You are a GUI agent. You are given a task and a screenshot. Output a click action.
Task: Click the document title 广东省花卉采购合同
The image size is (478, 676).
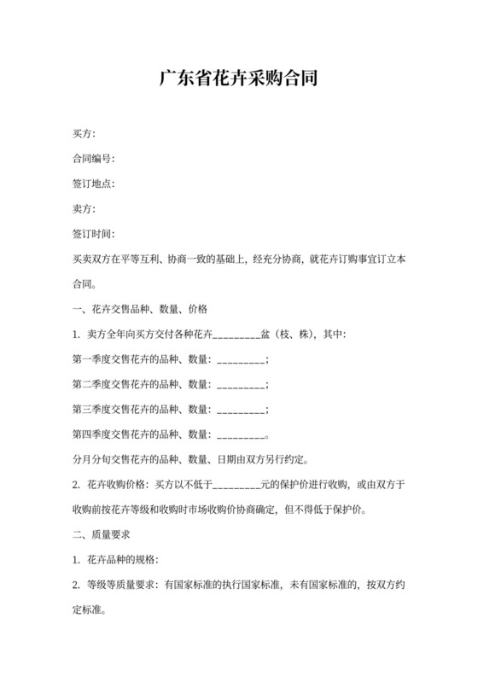(239, 80)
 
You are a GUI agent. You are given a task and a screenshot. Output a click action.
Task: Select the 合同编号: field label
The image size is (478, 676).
(93, 159)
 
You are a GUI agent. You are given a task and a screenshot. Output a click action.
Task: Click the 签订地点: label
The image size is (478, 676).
(93, 184)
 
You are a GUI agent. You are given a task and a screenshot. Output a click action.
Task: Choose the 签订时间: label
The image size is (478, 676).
(93, 233)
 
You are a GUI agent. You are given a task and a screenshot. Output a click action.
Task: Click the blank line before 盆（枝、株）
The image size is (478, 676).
(235, 335)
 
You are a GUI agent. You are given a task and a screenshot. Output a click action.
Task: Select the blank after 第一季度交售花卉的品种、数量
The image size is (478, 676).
(242, 359)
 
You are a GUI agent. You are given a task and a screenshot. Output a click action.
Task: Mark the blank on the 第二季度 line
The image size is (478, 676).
(242, 384)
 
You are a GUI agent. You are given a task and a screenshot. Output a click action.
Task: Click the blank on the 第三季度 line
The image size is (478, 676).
(242, 409)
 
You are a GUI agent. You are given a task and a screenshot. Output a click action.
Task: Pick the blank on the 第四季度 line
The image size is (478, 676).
(242, 434)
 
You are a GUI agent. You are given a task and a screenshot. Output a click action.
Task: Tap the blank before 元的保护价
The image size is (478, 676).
(236, 485)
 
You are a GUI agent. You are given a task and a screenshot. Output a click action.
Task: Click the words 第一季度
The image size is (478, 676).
(93, 358)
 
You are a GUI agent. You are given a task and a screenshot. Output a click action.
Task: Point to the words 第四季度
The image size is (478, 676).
(93, 433)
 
